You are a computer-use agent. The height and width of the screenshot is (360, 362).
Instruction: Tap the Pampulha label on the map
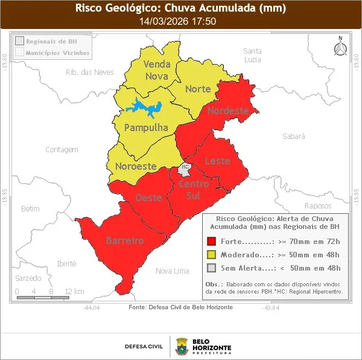click(145, 127)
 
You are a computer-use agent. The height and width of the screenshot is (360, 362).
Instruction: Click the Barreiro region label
click(125, 240)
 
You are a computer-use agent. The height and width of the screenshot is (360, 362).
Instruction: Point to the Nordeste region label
click(227, 111)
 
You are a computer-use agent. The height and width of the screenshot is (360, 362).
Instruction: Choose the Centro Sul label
click(194, 190)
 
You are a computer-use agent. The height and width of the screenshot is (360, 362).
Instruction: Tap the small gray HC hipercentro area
click(185, 167)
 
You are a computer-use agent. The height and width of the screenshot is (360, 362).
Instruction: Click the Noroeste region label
click(136, 166)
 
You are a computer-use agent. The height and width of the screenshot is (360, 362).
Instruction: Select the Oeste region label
click(148, 198)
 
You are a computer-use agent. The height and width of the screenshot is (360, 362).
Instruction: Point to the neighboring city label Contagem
click(62, 149)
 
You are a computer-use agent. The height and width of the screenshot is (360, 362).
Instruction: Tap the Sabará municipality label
click(294, 137)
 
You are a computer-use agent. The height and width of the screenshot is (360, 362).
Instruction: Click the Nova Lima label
click(172, 271)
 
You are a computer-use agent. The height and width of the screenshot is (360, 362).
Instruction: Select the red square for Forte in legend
click(211, 240)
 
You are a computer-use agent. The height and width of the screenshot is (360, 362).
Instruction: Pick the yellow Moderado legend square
click(211, 254)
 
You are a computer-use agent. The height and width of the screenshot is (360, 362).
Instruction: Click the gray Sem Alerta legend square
click(211, 268)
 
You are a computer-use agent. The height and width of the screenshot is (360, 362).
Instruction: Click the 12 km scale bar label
click(74, 292)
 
